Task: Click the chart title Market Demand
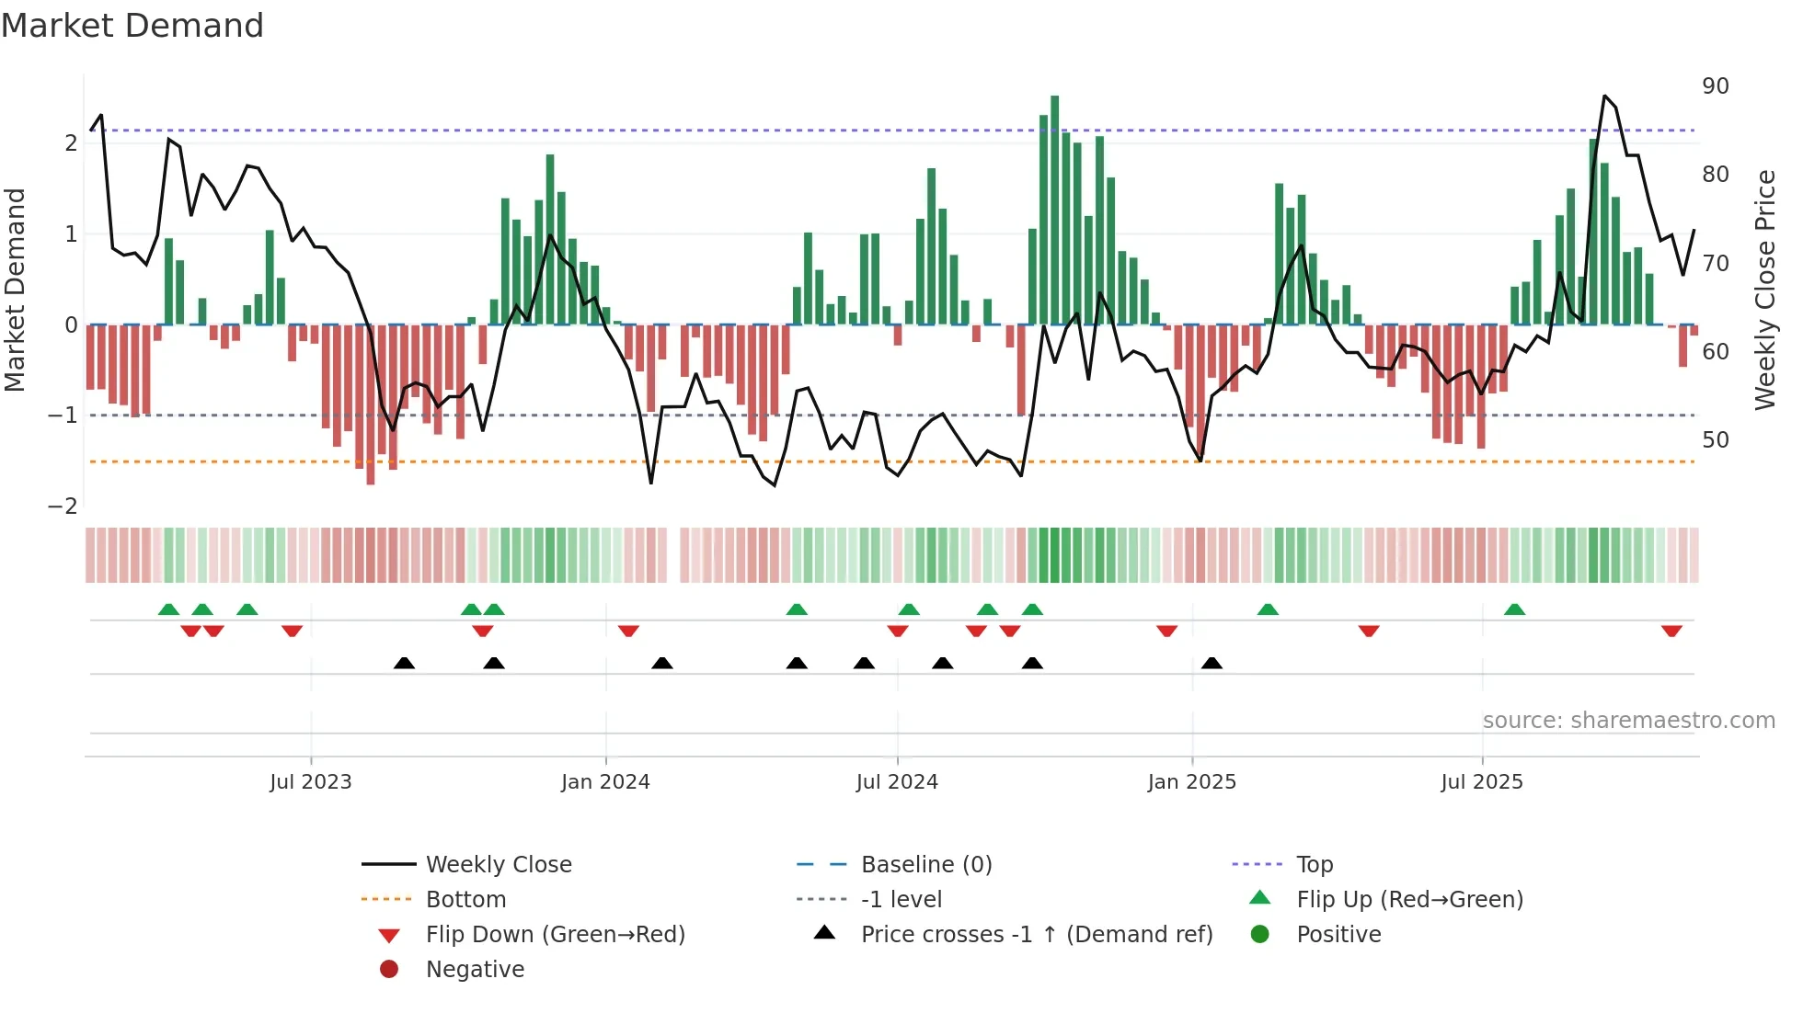pos(132,26)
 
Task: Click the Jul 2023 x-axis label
pos(311,782)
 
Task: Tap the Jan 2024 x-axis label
pos(605,782)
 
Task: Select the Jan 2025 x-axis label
pos(1191,782)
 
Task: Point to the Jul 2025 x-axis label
pos(1482,782)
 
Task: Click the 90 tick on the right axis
pos(1715,86)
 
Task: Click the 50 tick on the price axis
pos(1715,440)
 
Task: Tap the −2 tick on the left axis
pos(63,506)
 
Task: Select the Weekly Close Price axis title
pos(1765,290)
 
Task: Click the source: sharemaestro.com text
pos(1628,721)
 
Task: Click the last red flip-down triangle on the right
pos(1671,631)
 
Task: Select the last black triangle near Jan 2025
pos(1212,663)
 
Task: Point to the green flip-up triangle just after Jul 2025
pos(1514,609)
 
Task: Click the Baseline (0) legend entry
pos(925,865)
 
